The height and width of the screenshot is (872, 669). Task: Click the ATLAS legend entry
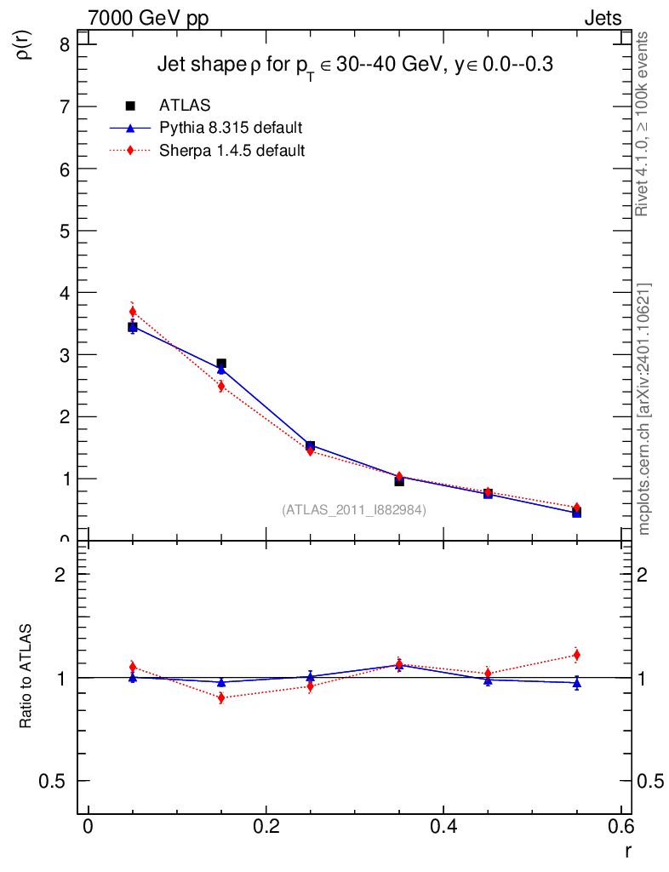coord(185,106)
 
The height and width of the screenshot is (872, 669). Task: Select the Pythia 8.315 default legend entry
coord(231,129)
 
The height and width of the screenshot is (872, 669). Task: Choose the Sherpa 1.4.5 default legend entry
coord(232,151)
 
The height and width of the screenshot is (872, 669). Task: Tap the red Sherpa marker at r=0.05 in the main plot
coord(133,312)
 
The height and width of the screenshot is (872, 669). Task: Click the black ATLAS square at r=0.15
coord(221,364)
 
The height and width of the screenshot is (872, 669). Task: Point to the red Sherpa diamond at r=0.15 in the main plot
coord(221,387)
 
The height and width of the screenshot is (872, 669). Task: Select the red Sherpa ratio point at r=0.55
coord(576,655)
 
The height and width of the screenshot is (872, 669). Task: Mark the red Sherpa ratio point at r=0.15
coord(221,698)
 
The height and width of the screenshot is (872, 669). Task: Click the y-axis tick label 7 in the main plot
coord(64,106)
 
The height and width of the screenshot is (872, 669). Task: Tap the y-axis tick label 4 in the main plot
coord(64,293)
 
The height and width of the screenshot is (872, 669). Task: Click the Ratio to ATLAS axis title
coord(26,677)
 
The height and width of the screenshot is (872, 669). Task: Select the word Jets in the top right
coord(602,19)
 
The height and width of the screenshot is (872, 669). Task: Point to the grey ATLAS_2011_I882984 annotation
coord(354,509)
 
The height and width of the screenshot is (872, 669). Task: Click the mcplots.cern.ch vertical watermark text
coord(644,409)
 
